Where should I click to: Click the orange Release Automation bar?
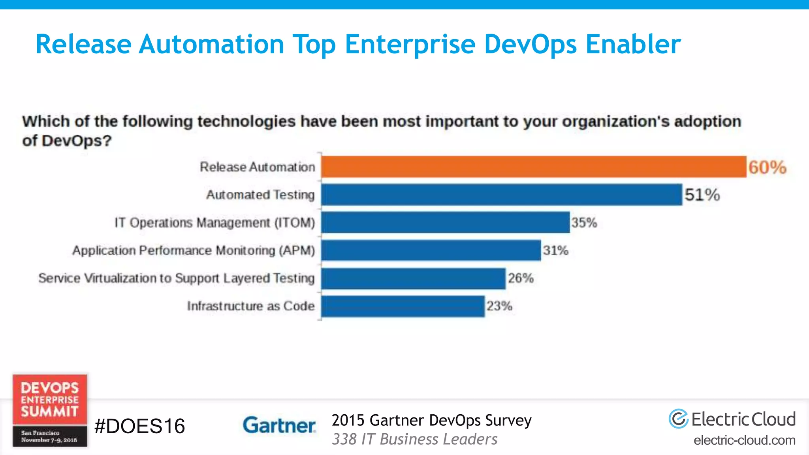pyautogui.click(x=533, y=167)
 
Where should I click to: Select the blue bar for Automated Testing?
pyautogui.click(x=502, y=194)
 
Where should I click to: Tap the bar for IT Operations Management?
pyautogui.click(x=445, y=222)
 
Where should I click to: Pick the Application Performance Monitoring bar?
pyautogui.click(x=431, y=250)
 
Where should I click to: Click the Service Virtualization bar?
pyautogui.click(x=413, y=278)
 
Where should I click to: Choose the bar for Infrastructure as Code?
pyautogui.click(x=403, y=306)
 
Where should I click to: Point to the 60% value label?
pyautogui.click(x=767, y=167)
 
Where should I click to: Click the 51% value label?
pyautogui.click(x=702, y=195)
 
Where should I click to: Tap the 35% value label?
pyautogui.click(x=584, y=223)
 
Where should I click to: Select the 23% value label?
pyautogui.click(x=499, y=306)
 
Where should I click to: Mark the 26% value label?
pyautogui.click(x=521, y=278)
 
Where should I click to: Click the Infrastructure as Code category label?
pyautogui.click(x=251, y=306)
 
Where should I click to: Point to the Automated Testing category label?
pyautogui.click(x=260, y=195)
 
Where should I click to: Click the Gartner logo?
pyautogui.click(x=279, y=425)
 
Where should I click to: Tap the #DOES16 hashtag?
pyautogui.click(x=139, y=426)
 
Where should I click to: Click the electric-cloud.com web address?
pyautogui.click(x=744, y=440)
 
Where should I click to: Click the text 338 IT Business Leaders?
pyautogui.click(x=414, y=440)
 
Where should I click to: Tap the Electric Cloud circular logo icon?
pyautogui.click(x=678, y=419)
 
